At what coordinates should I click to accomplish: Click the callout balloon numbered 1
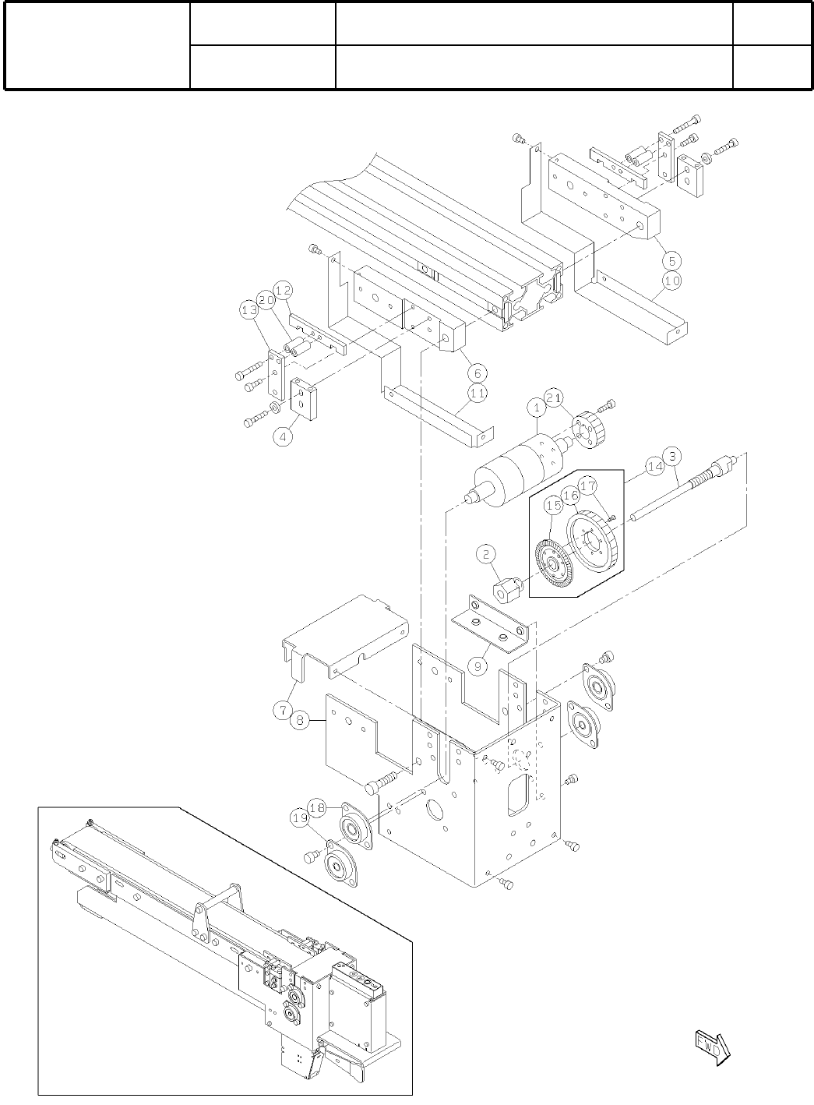(537, 407)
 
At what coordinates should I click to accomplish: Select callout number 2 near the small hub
(487, 555)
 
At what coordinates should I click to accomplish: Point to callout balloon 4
(284, 437)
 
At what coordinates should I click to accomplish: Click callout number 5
(672, 258)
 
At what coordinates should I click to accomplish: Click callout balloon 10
(672, 279)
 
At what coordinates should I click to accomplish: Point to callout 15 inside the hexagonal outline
(554, 506)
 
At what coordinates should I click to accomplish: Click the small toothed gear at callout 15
(554, 558)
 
